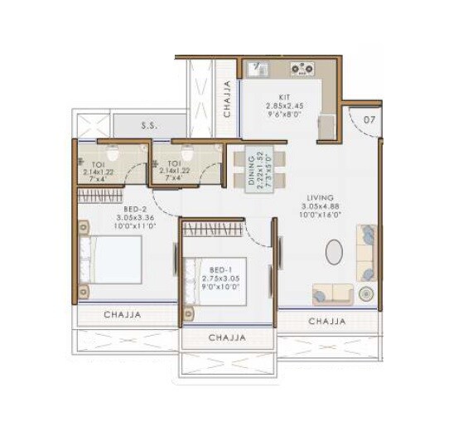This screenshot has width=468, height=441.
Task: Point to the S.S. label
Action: tap(149, 127)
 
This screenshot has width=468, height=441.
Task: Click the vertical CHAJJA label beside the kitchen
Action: tap(229, 99)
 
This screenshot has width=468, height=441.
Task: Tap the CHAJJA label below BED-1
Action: tap(226, 338)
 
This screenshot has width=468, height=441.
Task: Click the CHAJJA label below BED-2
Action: tap(122, 315)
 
